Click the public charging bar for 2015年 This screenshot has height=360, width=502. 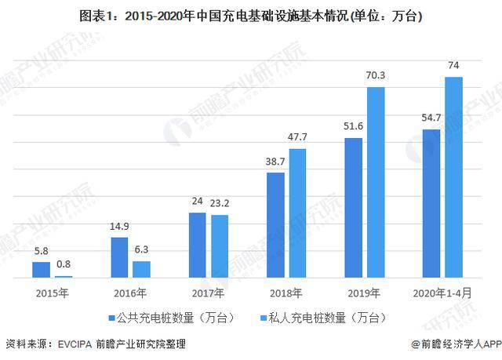[41, 270]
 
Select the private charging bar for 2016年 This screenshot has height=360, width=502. [141, 269]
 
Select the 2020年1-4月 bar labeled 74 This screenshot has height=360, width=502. [453, 177]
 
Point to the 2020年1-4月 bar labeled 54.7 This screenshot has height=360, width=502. [431, 203]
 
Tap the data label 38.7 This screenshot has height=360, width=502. [275, 161]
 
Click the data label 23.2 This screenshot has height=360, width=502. [220, 203]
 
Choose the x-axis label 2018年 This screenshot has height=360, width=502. [286, 293]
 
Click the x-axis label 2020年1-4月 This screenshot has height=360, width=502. [442, 293]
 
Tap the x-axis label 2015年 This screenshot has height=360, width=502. [52, 293]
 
